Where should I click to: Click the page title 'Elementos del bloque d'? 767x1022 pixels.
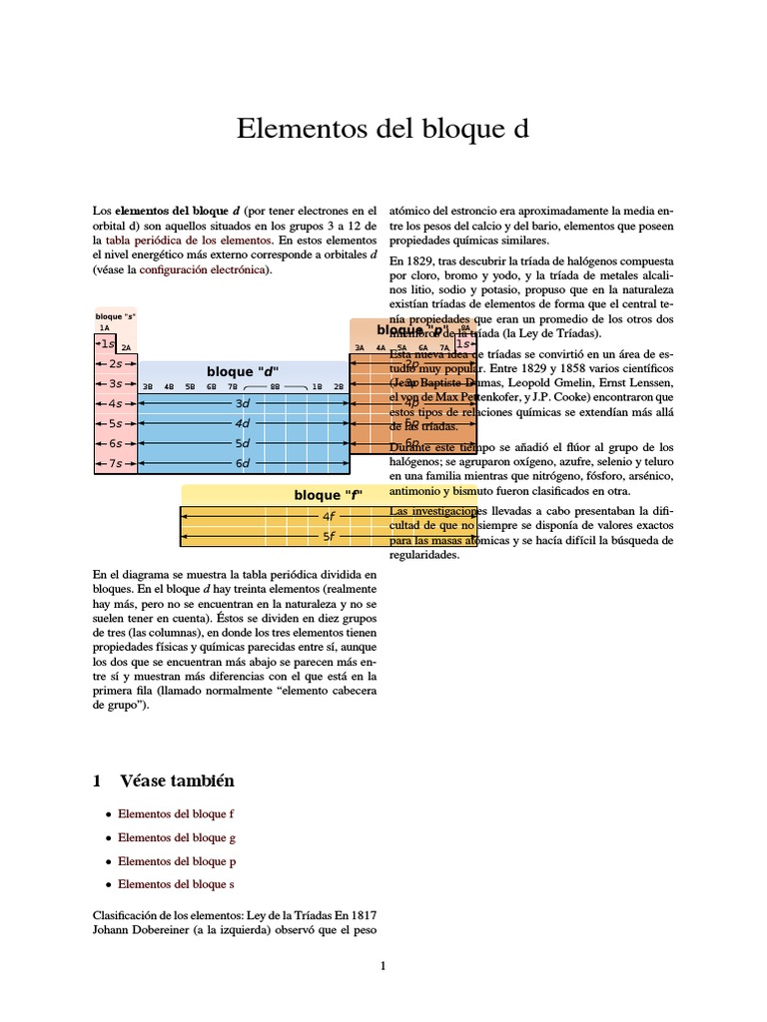(x=383, y=129)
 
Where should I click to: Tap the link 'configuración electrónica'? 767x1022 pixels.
(x=203, y=269)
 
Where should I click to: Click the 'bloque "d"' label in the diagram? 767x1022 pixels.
(x=243, y=371)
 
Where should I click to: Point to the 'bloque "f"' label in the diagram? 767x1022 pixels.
(x=328, y=495)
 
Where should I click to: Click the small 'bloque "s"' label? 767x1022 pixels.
(x=115, y=316)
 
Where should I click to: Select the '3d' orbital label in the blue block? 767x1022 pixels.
(x=243, y=403)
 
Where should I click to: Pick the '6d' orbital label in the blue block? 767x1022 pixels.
(x=243, y=463)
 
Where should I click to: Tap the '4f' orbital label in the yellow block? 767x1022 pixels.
(x=329, y=516)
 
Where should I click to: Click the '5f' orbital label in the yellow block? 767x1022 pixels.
(x=329, y=536)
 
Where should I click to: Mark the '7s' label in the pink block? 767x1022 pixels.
(x=116, y=463)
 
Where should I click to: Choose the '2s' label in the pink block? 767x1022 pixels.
(x=116, y=364)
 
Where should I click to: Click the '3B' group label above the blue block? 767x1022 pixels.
(x=148, y=386)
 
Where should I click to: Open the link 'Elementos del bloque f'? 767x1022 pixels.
(x=176, y=814)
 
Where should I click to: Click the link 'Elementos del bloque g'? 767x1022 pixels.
(x=177, y=837)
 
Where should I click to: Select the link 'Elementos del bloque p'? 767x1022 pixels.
(x=177, y=860)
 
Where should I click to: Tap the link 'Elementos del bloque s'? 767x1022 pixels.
(x=176, y=884)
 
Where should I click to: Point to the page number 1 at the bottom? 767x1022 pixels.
(x=383, y=965)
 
